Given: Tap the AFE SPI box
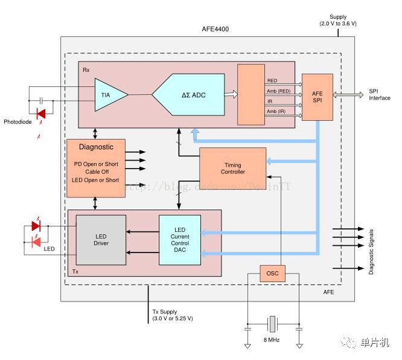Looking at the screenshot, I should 317,97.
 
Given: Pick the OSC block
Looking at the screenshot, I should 272,274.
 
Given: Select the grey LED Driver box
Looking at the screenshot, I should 101,240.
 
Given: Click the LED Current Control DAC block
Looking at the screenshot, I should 179,239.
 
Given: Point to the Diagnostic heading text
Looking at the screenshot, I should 96,147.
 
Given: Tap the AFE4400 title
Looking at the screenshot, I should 215,29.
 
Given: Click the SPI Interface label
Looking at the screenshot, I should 379,95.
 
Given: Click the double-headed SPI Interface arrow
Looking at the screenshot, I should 348,95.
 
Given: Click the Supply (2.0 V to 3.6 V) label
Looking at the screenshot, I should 338,20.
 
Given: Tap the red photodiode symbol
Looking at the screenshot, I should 41,112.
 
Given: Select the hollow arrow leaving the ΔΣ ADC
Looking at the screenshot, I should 230,94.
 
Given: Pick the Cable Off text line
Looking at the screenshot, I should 96,172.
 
